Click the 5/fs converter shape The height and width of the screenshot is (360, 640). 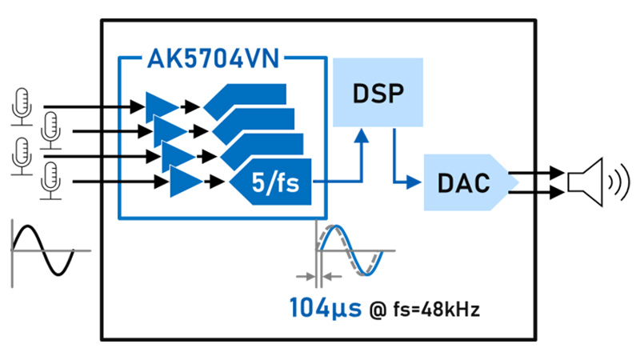(272, 183)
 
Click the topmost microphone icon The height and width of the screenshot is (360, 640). (22, 106)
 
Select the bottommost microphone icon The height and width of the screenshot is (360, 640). (50, 181)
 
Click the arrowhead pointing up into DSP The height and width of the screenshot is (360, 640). (362, 137)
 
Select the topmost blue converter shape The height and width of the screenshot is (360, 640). (248, 100)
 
